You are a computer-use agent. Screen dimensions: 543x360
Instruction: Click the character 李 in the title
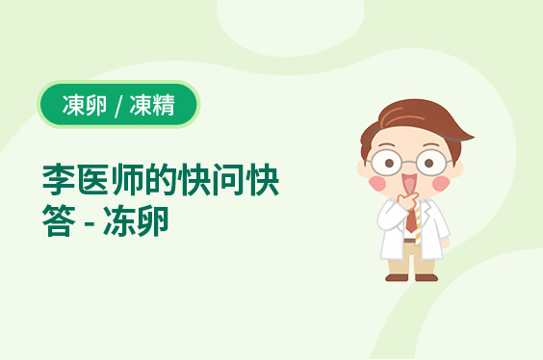tap(59, 180)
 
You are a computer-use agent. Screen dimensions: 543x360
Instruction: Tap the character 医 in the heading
tap(92, 180)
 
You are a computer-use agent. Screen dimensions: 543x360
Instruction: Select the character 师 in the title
tap(126, 180)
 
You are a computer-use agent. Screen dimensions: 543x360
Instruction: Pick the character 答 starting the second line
tap(59, 220)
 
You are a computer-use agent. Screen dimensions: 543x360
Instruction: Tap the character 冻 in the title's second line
tap(119, 220)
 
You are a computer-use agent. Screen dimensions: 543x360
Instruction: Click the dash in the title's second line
tap(90, 222)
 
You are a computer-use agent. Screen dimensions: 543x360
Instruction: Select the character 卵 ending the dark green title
tap(153, 220)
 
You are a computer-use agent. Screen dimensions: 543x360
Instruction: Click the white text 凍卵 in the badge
tap(85, 105)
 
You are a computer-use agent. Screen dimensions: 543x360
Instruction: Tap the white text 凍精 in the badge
tap(152, 105)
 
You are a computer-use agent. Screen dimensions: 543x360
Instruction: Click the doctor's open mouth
tap(409, 183)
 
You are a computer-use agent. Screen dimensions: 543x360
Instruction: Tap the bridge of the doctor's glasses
tap(409, 162)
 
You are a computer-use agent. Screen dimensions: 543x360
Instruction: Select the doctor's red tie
tap(411, 219)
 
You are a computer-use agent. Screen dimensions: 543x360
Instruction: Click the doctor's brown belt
tap(410, 241)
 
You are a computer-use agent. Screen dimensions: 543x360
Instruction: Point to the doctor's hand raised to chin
tap(407, 201)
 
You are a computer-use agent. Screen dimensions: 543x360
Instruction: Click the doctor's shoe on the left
tap(397, 277)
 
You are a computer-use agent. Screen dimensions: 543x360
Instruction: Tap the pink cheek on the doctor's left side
tap(377, 184)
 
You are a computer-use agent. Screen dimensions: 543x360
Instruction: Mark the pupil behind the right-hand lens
tap(429, 163)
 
